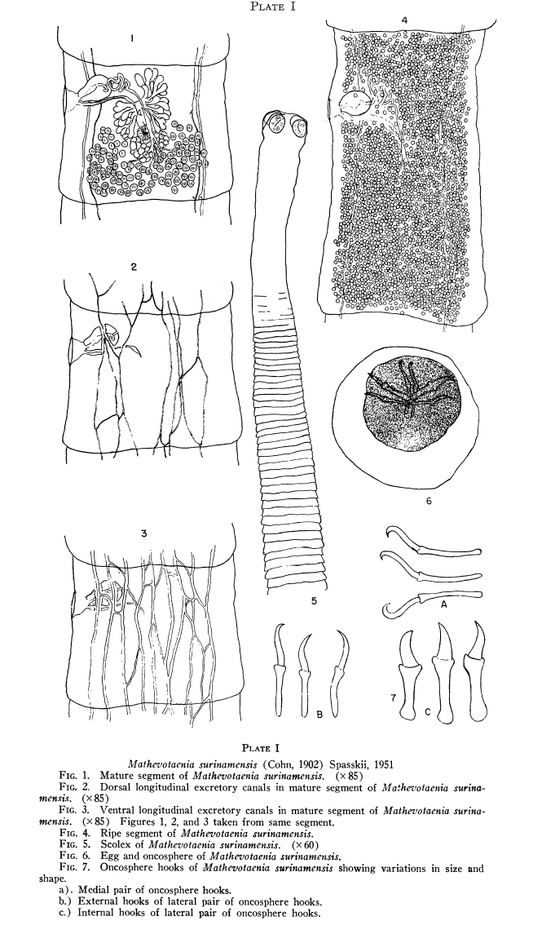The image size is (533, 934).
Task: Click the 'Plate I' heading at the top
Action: click(x=272, y=7)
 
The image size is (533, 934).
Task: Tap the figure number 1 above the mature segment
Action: click(x=132, y=39)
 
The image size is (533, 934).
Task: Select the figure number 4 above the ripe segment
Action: click(x=404, y=20)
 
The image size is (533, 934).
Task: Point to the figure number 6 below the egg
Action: click(x=429, y=501)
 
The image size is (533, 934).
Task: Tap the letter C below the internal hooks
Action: click(x=445, y=711)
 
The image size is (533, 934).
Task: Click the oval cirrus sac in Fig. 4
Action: click(x=355, y=103)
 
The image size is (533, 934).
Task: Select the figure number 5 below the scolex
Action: click(x=313, y=601)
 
